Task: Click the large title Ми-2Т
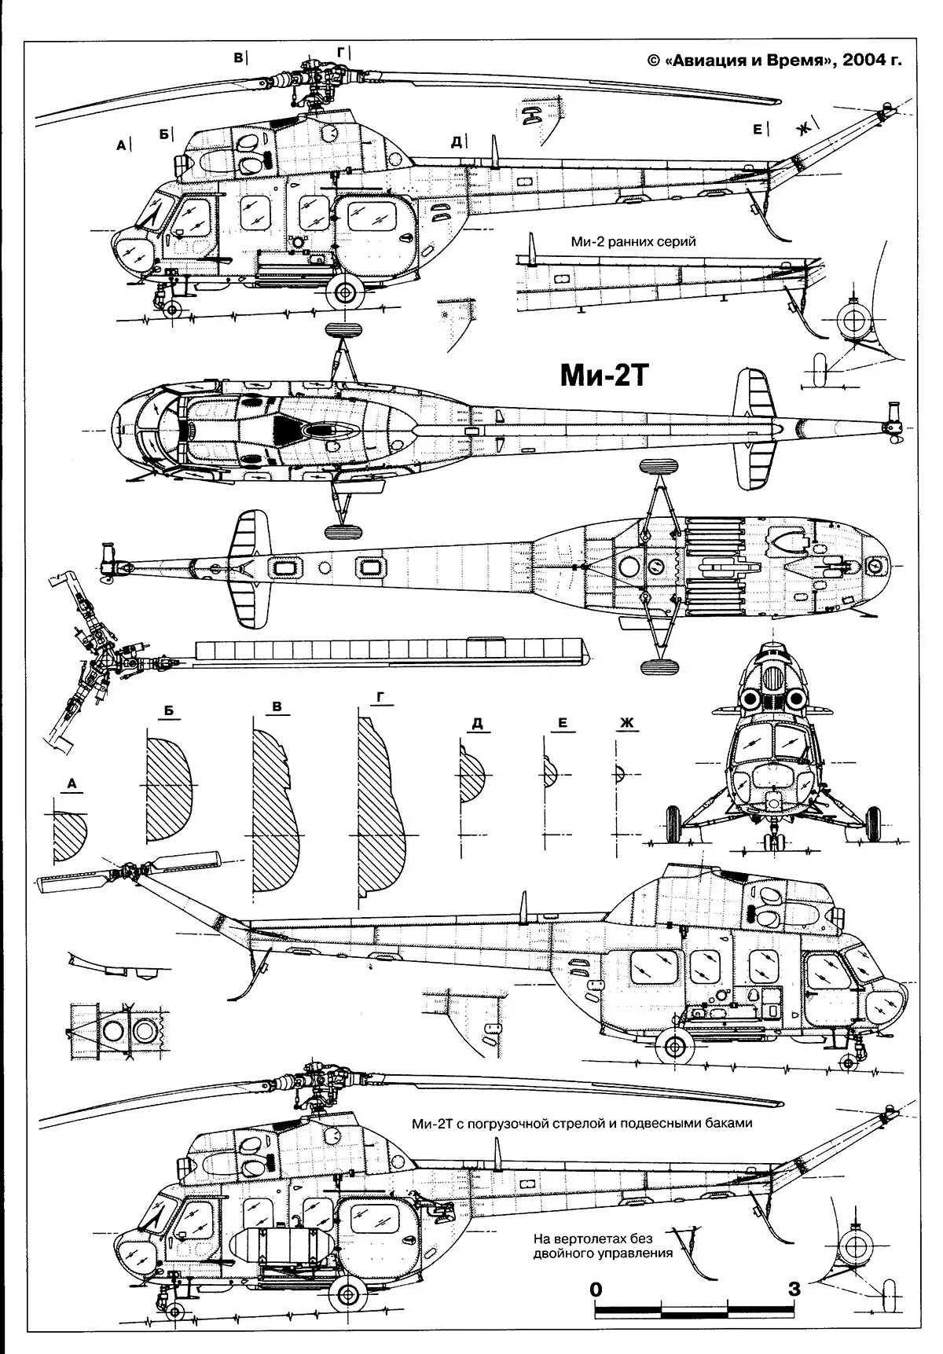tap(604, 376)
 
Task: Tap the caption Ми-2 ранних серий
tap(633, 241)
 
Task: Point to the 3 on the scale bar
tap(794, 1289)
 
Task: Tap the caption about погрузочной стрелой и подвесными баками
tap(582, 1123)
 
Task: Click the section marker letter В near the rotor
tap(238, 57)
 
